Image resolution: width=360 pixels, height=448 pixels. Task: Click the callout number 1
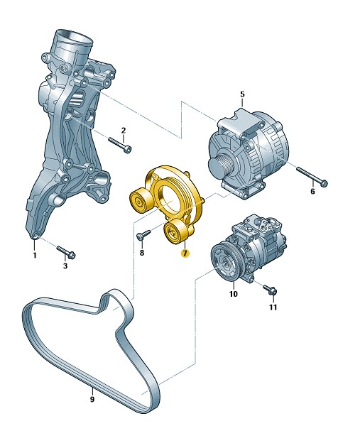pos(35,255)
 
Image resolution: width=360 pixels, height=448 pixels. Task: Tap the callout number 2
pos(124,131)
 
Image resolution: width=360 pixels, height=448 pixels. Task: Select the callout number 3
pos(65,266)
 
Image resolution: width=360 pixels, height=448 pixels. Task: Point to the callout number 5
pos(242,94)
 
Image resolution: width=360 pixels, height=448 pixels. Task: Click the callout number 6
pos(312,191)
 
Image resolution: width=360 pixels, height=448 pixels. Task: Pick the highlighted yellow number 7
pos(185,253)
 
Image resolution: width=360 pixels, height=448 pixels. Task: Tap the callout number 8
pos(142,253)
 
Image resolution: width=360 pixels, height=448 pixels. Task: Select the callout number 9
pos(92,399)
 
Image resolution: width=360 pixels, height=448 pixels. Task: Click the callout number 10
pos(234,294)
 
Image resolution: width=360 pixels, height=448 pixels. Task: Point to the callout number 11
pos(273,307)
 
